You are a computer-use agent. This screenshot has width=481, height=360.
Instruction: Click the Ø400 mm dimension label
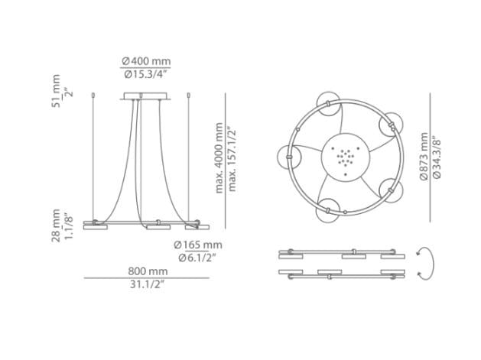click(146, 61)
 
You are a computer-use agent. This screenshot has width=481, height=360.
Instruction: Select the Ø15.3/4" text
click(145, 74)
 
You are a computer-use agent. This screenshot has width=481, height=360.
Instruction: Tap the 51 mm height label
click(56, 91)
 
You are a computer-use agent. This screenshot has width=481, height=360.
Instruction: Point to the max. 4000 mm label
click(219, 158)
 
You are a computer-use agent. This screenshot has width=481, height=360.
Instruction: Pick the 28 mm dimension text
click(56, 225)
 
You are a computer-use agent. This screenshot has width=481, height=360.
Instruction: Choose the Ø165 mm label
click(198, 245)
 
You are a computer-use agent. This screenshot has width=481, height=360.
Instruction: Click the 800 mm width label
click(148, 271)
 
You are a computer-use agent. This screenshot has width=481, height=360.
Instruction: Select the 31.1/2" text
click(148, 284)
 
